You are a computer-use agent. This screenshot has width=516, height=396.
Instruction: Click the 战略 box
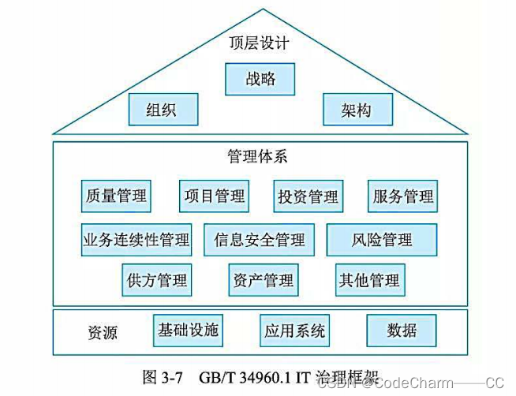[x=260, y=80]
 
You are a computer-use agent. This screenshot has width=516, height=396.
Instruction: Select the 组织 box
[x=162, y=110]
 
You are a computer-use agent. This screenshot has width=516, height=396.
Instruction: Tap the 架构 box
[x=357, y=110]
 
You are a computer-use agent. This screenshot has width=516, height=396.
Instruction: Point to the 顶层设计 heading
[x=259, y=43]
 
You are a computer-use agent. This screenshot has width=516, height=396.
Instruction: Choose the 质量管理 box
[x=117, y=196]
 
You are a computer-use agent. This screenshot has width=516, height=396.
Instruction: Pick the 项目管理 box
[x=213, y=196]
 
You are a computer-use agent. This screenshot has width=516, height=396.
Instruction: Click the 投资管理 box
[x=307, y=196]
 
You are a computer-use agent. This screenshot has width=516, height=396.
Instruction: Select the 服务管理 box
[x=402, y=196]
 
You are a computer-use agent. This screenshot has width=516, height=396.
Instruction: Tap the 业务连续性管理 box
[x=136, y=239]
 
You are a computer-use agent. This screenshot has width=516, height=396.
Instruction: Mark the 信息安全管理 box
[x=259, y=239]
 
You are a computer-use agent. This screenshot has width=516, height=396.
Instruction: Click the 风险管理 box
[x=381, y=239]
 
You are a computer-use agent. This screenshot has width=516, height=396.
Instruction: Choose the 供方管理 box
[x=157, y=279]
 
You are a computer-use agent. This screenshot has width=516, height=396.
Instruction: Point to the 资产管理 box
[x=263, y=279]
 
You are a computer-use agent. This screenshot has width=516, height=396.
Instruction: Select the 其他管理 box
[x=368, y=279]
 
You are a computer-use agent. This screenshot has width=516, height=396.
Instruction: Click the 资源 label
[x=102, y=332]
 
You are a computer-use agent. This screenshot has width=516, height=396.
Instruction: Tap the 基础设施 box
[x=188, y=330]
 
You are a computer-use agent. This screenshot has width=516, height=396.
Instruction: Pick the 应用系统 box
[x=294, y=331]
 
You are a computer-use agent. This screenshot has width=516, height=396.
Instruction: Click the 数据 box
[x=402, y=330]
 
